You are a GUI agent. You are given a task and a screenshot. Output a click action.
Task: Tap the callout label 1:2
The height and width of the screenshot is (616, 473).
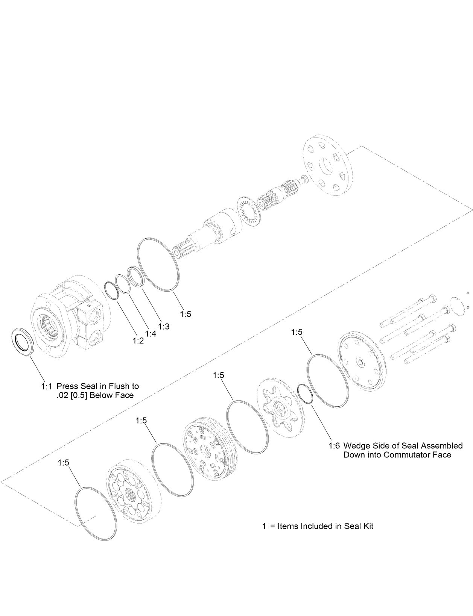[x=138, y=341]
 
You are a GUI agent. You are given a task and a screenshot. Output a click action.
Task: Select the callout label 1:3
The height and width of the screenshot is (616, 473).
[x=164, y=326]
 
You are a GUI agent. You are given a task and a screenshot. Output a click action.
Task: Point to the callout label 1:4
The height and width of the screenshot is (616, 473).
[x=151, y=333]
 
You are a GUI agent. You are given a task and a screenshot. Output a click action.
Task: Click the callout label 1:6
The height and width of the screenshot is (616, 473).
[x=334, y=446]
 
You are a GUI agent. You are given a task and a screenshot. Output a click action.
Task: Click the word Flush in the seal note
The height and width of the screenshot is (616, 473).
[x=119, y=386]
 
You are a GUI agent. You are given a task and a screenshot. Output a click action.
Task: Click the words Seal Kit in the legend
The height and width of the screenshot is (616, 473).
[x=359, y=526]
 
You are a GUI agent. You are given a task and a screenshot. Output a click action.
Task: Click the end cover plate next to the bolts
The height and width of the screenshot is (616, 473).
[x=360, y=363]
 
